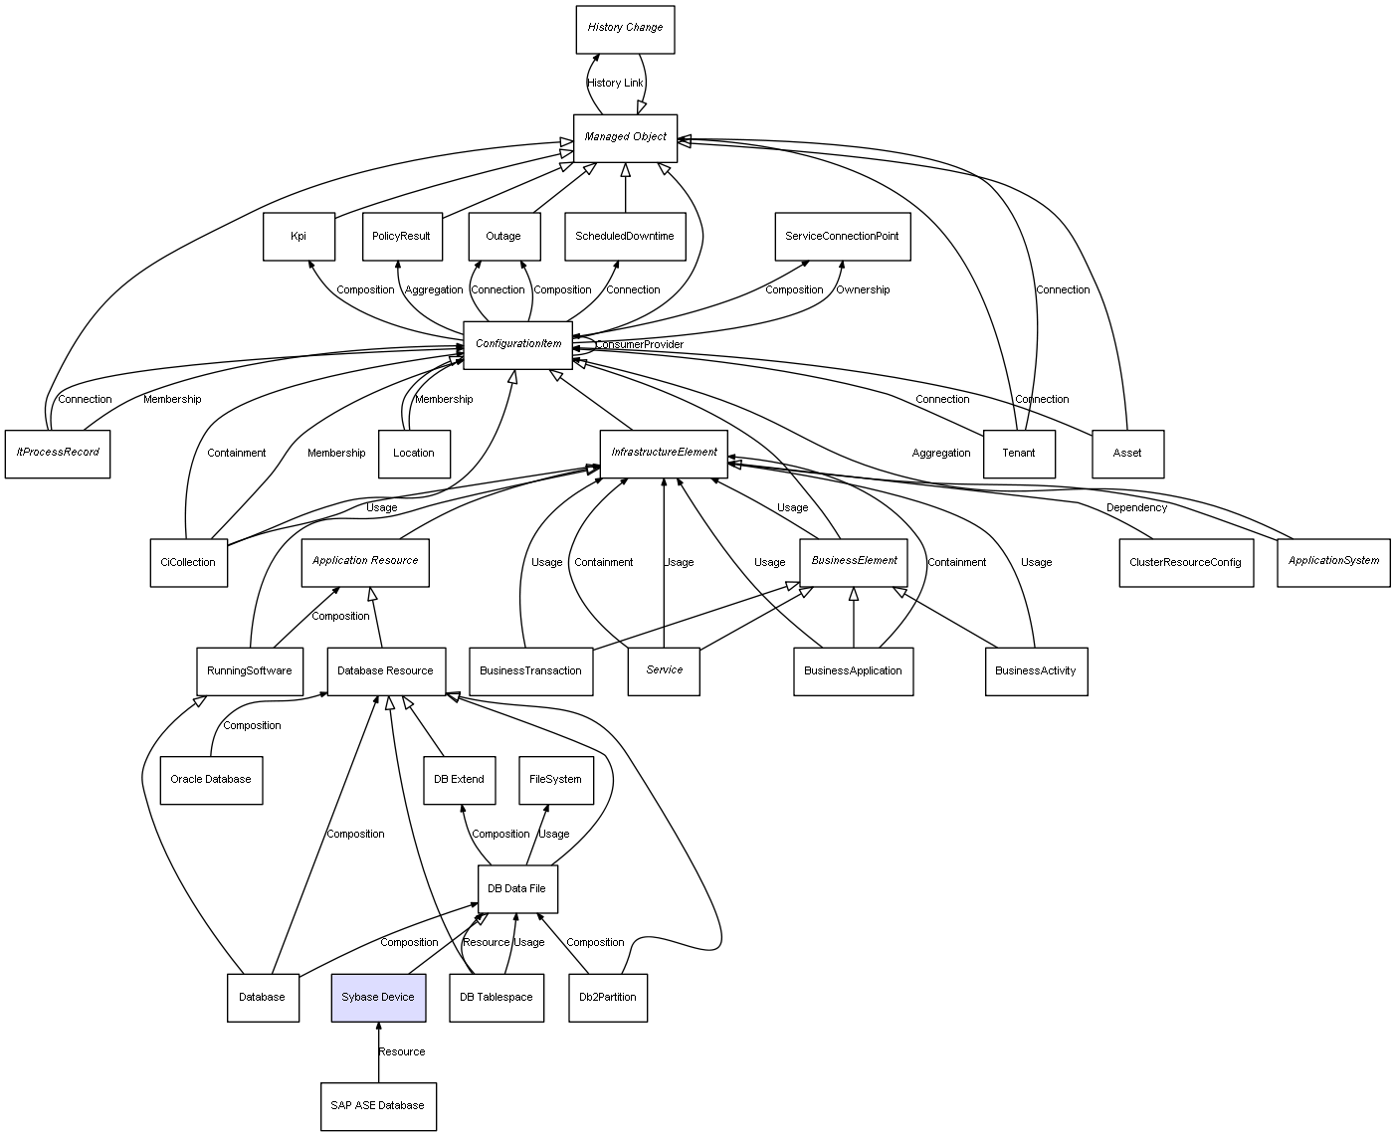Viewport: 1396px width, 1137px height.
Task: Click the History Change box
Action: click(x=625, y=29)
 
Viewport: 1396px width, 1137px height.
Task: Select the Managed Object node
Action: click(x=625, y=137)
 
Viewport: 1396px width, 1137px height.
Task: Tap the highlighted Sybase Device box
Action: click(x=378, y=997)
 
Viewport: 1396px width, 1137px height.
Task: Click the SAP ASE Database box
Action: click(x=378, y=1106)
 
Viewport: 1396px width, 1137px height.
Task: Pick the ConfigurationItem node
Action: click(x=517, y=345)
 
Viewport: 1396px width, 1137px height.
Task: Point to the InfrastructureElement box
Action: click(x=664, y=453)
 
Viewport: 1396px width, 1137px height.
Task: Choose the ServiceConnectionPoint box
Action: click(x=842, y=237)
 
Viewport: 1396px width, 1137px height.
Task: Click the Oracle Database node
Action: click(x=211, y=780)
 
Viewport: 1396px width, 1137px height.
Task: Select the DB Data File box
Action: click(x=516, y=889)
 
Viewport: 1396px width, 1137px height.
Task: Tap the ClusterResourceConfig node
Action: click(x=1185, y=563)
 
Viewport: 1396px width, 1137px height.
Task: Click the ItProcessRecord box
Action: click(x=58, y=453)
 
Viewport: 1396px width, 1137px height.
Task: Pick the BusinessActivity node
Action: click(x=1036, y=671)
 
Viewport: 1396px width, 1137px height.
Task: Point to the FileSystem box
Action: click(x=555, y=780)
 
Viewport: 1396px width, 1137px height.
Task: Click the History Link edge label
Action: click(x=615, y=84)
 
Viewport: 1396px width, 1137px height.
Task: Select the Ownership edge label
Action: click(x=863, y=290)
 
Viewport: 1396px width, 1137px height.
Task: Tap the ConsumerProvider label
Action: click(x=640, y=345)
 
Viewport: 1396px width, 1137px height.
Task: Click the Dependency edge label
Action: click(x=1136, y=508)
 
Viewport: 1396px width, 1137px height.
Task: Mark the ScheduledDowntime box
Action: click(x=625, y=237)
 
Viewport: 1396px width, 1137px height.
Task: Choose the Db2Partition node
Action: click(x=608, y=997)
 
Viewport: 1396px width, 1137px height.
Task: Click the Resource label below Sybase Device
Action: click(x=401, y=1052)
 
